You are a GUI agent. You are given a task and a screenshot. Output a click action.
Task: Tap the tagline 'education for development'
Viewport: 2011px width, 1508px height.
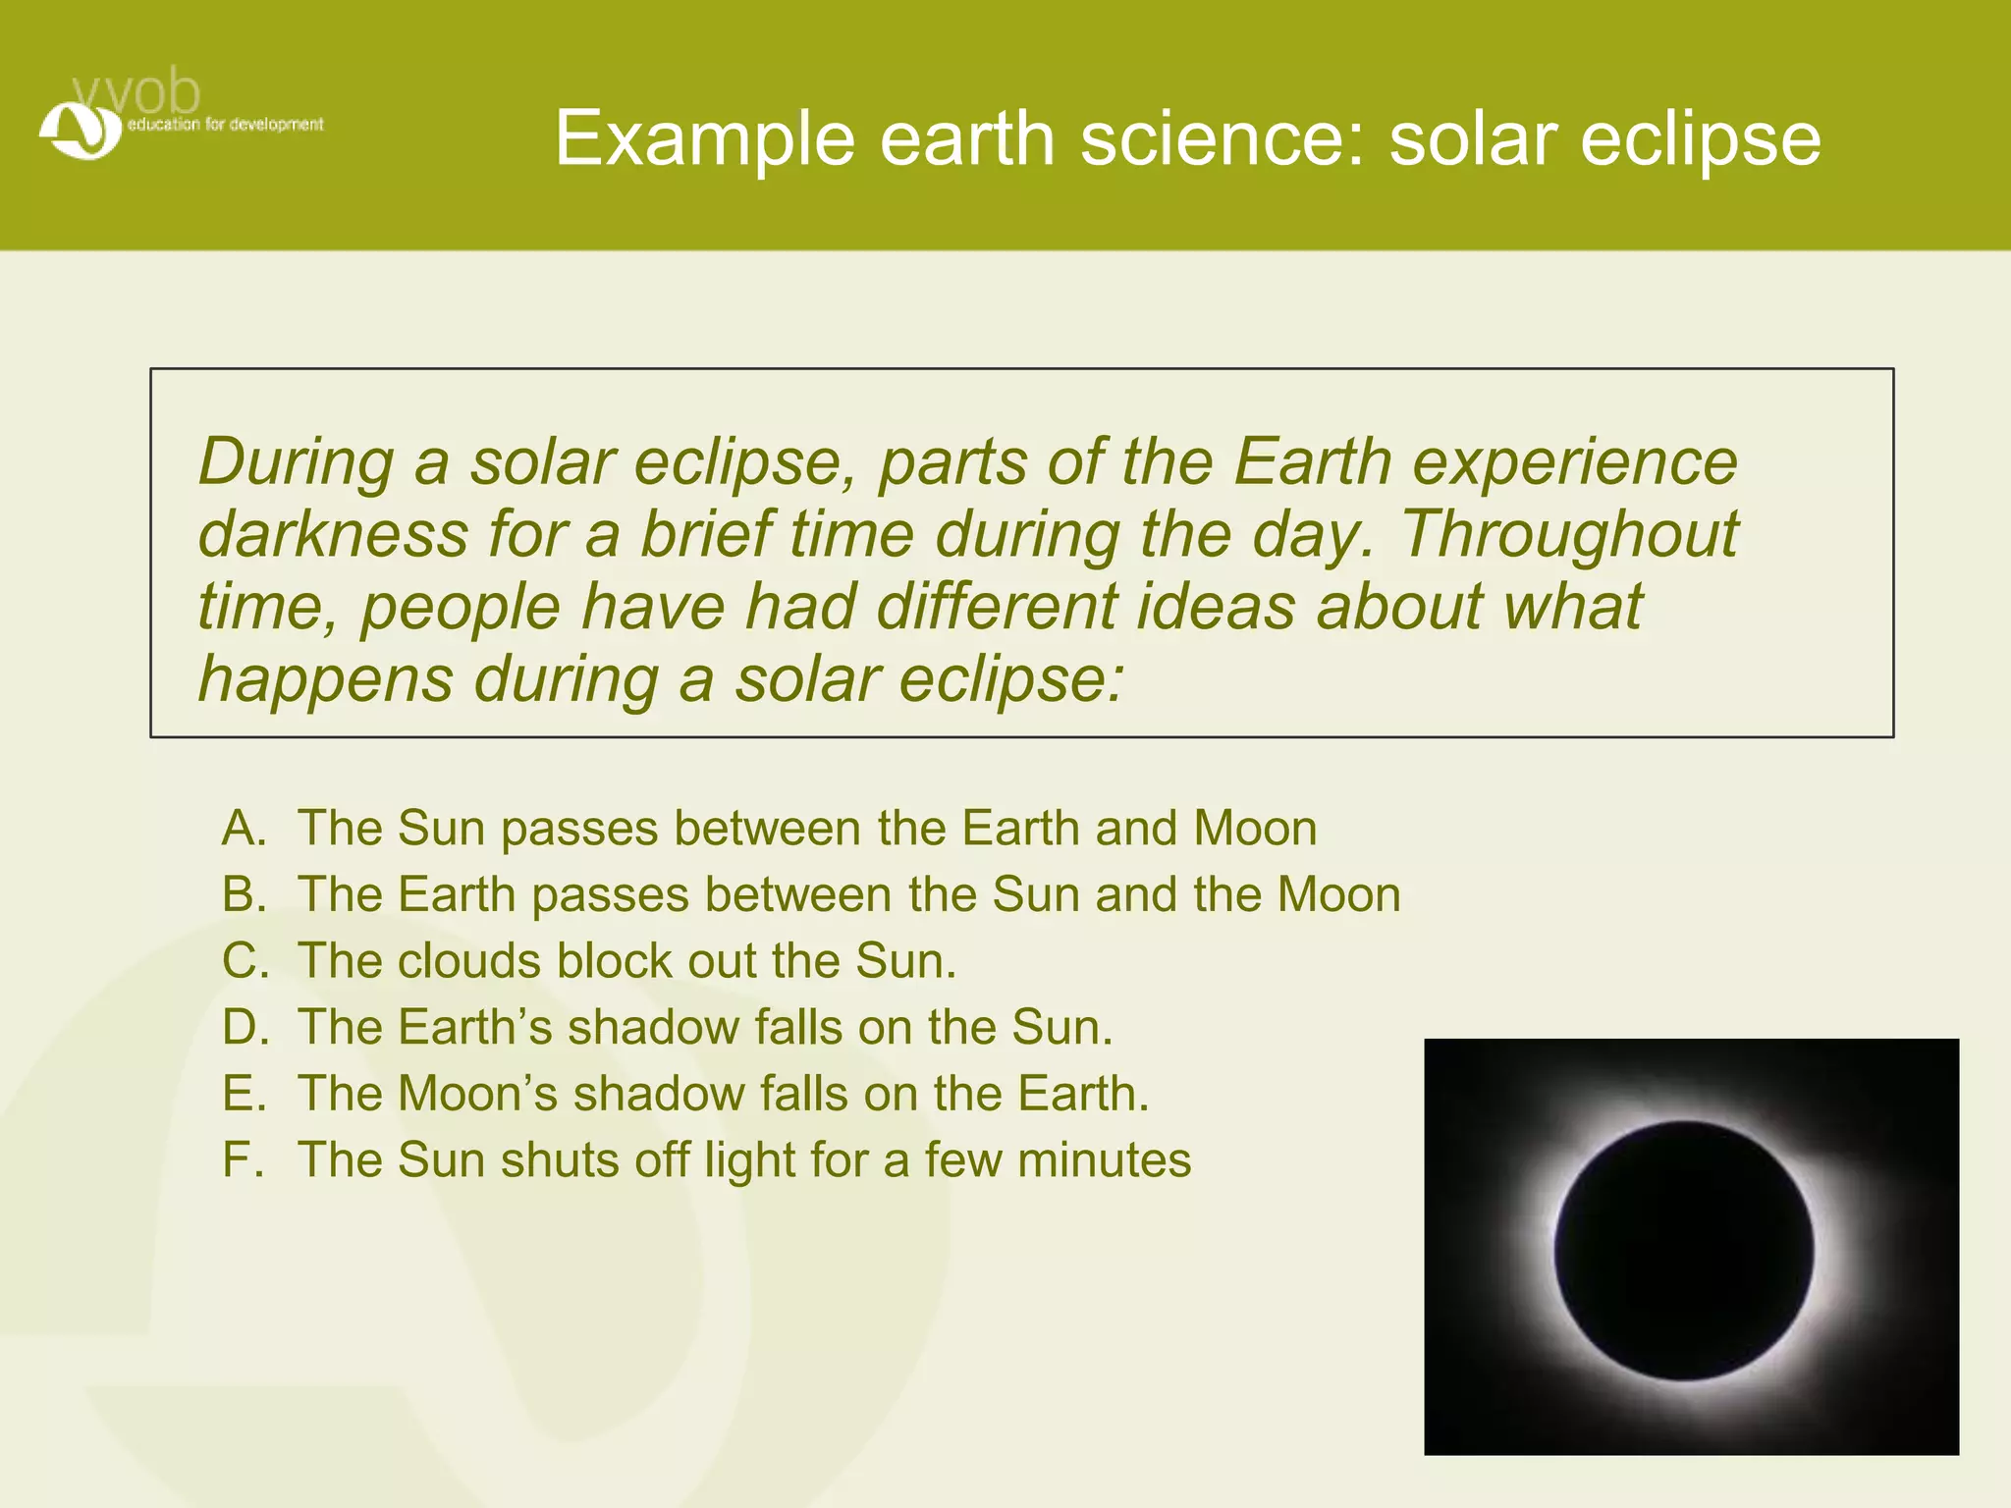click(225, 125)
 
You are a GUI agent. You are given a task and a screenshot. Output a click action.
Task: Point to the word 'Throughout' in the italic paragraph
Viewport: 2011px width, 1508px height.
click(1568, 535)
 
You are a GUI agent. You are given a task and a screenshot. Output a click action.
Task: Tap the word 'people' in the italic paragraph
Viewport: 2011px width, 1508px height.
click(461, 609)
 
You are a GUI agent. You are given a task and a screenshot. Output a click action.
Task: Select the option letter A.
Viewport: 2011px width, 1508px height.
click(245, 828)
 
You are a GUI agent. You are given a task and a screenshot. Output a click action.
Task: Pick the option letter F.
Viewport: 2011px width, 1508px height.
click(243, 1159)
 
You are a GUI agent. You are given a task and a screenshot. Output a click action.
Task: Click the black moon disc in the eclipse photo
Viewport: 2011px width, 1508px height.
click(1684, 1251)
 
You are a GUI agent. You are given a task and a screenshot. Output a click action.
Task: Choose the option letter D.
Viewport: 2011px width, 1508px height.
click(245, 1027)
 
